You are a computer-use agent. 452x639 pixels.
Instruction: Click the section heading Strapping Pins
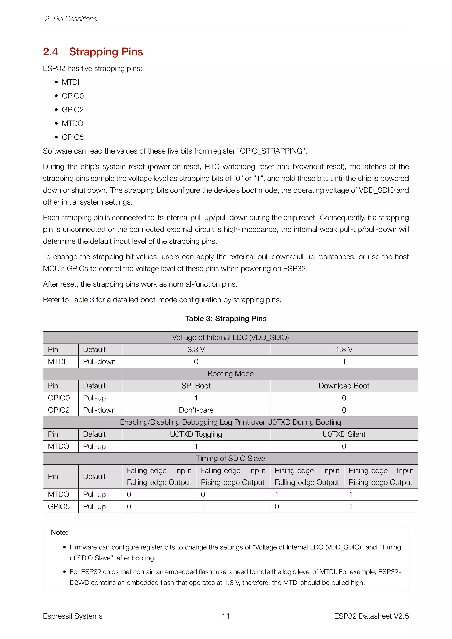coord(106,52)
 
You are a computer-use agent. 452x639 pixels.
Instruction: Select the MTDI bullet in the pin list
coord(70,82)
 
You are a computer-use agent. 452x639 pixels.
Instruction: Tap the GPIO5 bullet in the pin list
coord(73,137)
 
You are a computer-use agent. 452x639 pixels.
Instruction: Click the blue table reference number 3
coord(92,300)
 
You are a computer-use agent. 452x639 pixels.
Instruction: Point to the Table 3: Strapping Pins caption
coord(226,319)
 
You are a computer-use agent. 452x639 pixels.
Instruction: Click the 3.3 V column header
coord(196,350)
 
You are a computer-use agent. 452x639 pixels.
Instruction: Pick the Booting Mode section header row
coord(230,374)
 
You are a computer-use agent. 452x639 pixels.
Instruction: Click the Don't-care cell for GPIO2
coord(196,410)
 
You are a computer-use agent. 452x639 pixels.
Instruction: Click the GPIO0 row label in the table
coord(59,398)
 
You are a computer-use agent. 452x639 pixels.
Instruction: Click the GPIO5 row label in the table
coord(59,507)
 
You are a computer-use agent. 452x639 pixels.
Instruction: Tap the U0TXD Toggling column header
coord(196,434)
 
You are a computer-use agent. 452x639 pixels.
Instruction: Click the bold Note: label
coord(59,532)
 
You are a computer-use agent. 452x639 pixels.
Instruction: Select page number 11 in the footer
coord(226,616)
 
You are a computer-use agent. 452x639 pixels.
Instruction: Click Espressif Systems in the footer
coord(73,616)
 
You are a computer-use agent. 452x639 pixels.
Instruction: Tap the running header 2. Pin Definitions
coord(71,19)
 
